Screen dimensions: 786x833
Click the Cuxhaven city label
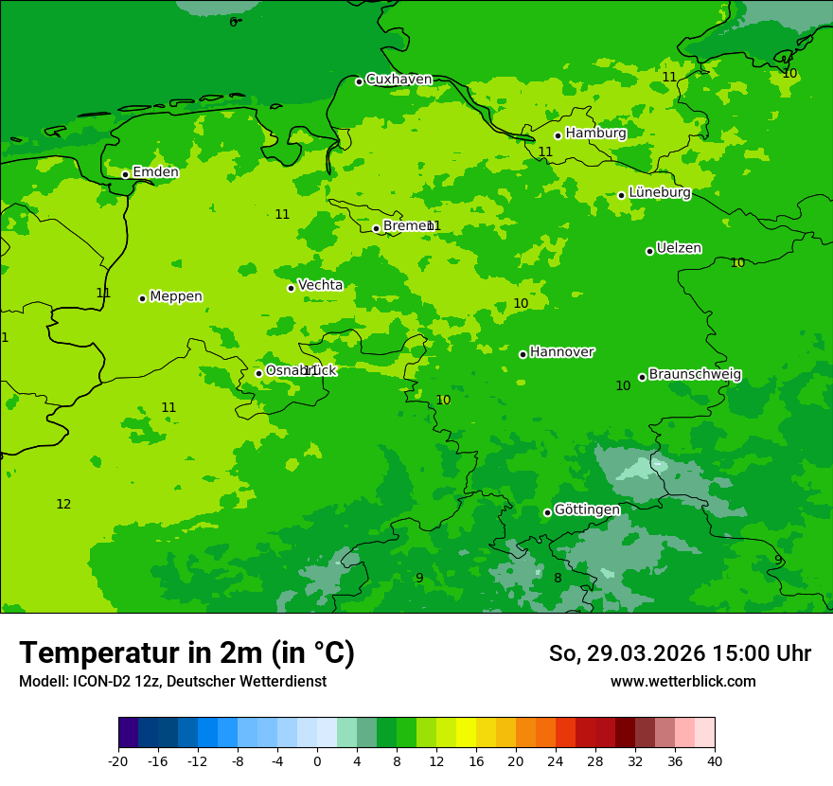[x=399, y=80]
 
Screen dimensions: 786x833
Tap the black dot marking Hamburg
[x=558, y=135]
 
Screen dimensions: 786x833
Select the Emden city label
[x=155, y=172]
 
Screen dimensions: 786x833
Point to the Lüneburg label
[x=660, y=193]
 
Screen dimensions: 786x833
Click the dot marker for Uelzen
[x=649, y=251]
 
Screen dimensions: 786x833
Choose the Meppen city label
[x=176, y=296]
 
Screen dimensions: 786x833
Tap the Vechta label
[x=320, y=285]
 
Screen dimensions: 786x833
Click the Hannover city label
[x=561, y=352]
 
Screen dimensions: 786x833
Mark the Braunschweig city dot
[x=642, y=377]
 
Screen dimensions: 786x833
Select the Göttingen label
[x=587, y=509]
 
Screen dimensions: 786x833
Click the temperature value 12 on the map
[x=63, y=504]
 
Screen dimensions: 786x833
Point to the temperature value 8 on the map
[x=558, y=578]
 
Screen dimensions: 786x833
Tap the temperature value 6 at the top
[x=233, y=22]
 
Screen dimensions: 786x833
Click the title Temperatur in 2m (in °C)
[x=186, y=652]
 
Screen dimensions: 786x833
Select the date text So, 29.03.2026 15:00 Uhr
[x=680, y=653]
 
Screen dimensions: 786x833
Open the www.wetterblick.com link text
[x=682, y=682]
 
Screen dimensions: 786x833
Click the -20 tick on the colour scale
[x=118, y=760]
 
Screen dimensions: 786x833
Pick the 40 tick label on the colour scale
[x=715, y=760]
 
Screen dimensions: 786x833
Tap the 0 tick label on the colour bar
[x=317, y=760]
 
